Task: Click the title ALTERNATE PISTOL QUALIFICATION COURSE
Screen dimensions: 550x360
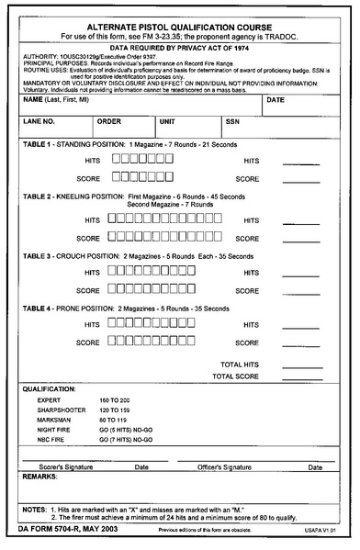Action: tap(179, 25)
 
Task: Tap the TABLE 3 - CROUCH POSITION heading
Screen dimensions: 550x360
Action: tap(72, 254)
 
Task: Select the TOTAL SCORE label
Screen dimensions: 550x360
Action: tap(235, 376)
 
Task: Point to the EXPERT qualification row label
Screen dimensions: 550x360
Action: tap(49, 401)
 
